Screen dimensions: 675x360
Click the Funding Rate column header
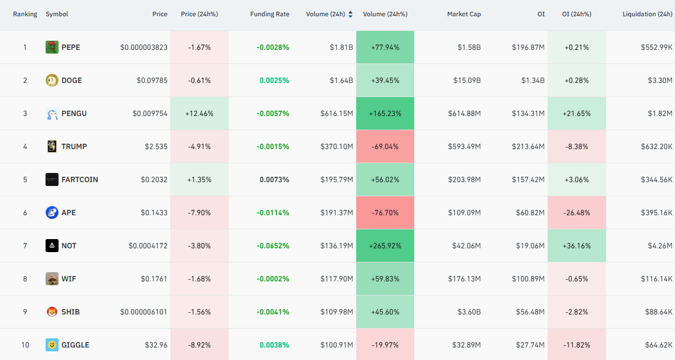point(269,14)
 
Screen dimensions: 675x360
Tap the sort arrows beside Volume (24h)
point(350,14)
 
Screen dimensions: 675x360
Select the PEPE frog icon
point(52,47)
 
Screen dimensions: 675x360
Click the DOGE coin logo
point(52,80)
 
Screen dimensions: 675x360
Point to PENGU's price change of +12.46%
point(199,113)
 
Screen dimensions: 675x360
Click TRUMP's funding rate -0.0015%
point(273,147)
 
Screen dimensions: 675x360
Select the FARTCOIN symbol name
point(80,179)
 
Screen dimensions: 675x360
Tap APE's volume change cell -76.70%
point(385,213)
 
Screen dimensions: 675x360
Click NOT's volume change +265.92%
point(385,246)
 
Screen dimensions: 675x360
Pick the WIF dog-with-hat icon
point(52,279)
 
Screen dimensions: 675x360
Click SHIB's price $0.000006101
point(144,312)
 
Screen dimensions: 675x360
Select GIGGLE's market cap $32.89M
point(466,345)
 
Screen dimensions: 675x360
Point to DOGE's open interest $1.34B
point(533,80)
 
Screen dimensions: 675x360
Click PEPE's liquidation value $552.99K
point(657,47)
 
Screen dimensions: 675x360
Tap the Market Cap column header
point(464,14)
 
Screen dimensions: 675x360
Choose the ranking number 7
point(25,246)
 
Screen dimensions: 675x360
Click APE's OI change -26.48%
point(576,213)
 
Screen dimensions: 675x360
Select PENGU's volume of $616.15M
point(337,113)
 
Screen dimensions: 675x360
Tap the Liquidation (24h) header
point(647,14)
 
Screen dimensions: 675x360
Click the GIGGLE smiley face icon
point(52,345)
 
